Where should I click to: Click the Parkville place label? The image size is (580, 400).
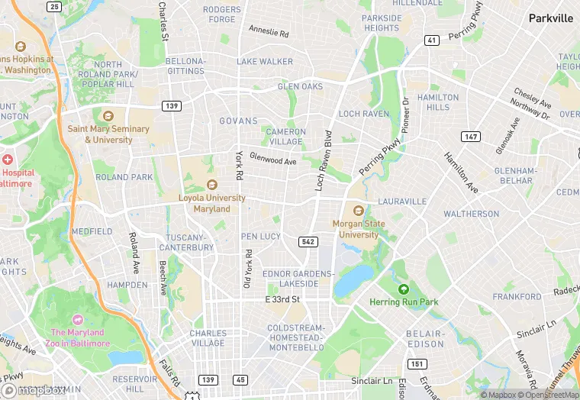pyautogui.click(x=550, y=18)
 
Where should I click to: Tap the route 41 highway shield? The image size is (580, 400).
pyautogui.click(x=432, y=40)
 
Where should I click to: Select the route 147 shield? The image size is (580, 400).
pyautogui.click(x=470, y=136)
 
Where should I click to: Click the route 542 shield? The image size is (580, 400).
pyautogui.click(x=308, y=241)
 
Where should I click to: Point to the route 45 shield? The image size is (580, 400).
pyautogui.click(x=240, y=379)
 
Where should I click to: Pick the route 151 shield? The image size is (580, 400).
pyautogui.click(x=417, y=363)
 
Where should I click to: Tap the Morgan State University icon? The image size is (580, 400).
pyautogui.click(x=356, y=211)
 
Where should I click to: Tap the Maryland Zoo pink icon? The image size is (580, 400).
pyautogui.click(x=77, y=319)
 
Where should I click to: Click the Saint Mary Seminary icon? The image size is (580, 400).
pyautogui.click(x=108, y=116)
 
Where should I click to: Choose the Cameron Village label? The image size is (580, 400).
pyautogui.click(x=285, y=137)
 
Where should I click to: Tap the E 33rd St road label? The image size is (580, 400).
pyautogui.click(x=282, y=299)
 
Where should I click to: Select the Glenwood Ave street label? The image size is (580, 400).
pyautogui.click(x=272, y=161)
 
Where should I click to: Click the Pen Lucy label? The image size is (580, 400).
pyautogui.click(x=261, y=237)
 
